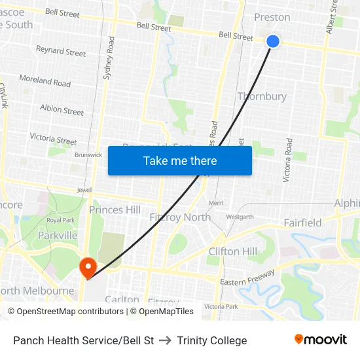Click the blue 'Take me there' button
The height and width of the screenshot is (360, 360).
[180, 160]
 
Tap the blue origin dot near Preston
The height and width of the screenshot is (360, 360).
[273, 41]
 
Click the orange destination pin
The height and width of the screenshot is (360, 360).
[87, 268]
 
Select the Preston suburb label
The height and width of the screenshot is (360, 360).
[272, 17]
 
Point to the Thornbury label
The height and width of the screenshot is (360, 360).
[262, 96]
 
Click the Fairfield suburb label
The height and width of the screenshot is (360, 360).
[302, 223]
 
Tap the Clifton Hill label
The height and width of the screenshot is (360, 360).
[233, 251]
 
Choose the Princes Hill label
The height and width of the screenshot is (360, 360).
[115, 209]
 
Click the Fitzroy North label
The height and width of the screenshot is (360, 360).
[180, 217]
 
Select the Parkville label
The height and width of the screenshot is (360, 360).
[58, 235]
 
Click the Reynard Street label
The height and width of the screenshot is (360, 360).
[61, 51]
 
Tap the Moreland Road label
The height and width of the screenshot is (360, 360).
[45, 81]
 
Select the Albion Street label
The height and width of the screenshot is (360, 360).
[62, 110]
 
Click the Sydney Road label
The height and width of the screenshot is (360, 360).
[109, 58]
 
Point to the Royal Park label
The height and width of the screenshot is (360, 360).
[61, 221]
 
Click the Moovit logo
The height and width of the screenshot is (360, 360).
[320, 340]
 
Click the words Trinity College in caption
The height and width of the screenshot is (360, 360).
[211, 340]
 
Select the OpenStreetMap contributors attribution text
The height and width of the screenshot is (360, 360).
[66, 312]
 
